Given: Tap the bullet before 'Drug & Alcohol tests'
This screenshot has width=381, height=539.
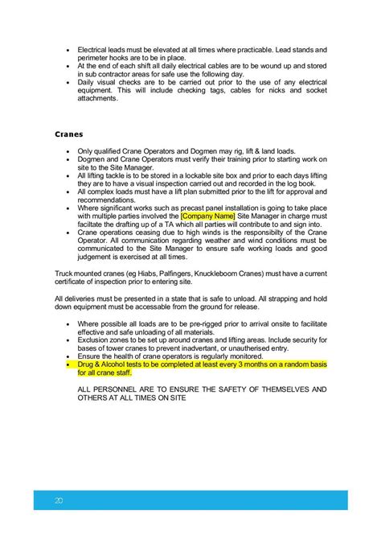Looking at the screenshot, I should (x=69, y=364).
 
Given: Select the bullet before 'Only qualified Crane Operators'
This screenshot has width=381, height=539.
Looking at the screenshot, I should (x=69, y=150).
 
